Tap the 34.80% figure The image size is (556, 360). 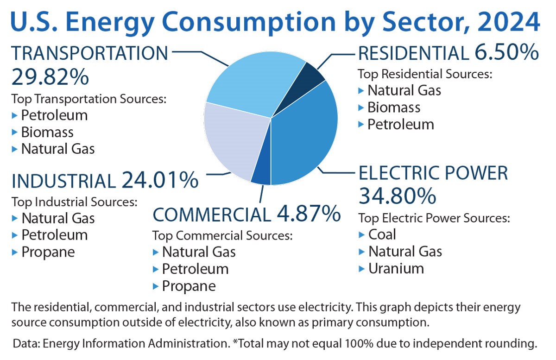397,196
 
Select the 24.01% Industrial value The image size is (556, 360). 160,180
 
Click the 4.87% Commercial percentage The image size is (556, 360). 309,214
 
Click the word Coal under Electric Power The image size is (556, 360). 382,234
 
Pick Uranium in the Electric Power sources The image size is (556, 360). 396,268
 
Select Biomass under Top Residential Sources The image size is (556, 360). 394,107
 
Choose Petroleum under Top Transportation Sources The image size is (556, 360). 54,115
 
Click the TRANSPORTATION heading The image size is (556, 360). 90,54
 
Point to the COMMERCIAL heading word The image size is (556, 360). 211,215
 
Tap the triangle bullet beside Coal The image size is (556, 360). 362,235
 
